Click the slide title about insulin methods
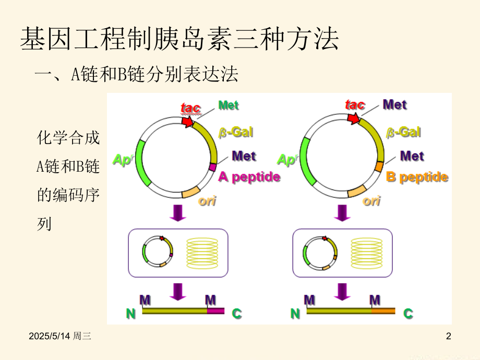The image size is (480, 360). (179, 39)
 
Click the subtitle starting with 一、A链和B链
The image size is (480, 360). (137, 74)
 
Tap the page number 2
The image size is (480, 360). (449, 336)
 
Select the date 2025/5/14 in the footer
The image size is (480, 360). (50, 336)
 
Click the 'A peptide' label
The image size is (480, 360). (249, 177)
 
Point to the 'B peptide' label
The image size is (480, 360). (417, 177)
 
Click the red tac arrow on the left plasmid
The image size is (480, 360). (187, 121)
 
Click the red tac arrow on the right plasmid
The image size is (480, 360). (354, 118)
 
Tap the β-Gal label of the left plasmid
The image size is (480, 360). (236, 133)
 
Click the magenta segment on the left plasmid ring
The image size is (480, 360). (213, 167)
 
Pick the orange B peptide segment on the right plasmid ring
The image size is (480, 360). (379, 166)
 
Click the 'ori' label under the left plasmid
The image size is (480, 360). (207, 201)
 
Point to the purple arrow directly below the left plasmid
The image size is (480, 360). (178, 213)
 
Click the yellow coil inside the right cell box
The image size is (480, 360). (366, 254)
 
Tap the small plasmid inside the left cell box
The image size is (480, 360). (158, 251)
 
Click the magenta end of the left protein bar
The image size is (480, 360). (216, 311)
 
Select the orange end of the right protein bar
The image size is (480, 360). (383, 311)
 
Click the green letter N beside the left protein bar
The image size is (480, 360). (131, 314)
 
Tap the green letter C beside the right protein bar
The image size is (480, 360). (408, 314)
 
